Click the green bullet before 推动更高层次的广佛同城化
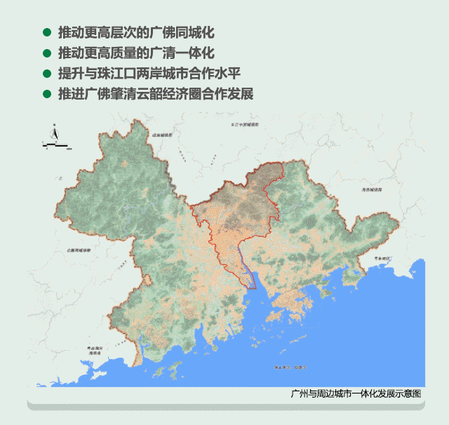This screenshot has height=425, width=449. [47, 33]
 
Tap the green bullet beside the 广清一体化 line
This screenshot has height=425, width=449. [47, 53]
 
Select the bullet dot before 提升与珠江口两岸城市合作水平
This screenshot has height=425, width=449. [47, 74]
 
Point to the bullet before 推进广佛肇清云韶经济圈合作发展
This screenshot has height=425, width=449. [47, 94]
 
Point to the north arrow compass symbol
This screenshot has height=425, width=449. [53, 133]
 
